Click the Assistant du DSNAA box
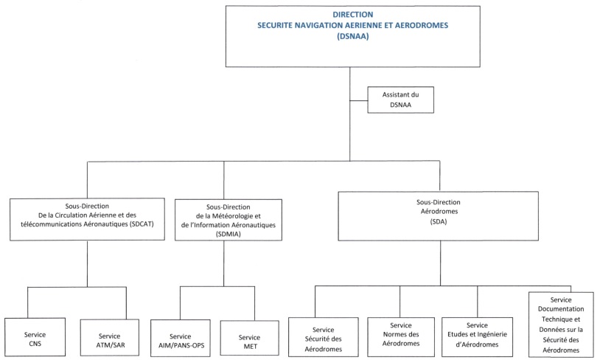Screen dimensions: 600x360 pos(401,100)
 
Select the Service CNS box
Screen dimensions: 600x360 pos(35,337)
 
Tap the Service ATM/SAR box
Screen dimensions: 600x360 pos(109,338)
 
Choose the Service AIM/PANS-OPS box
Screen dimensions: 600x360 pos(181,339)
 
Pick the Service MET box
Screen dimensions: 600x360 pos(249,339)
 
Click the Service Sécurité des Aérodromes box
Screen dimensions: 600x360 pos(324,337)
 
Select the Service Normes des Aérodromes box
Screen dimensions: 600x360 pos(401,337)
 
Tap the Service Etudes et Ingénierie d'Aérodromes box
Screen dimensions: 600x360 pos(477,337)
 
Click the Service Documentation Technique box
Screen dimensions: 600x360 pos(561,325)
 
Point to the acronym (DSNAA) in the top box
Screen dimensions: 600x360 pos(353,36)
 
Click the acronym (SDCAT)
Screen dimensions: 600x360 pos(142,224)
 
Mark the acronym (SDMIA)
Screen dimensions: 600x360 pos(229,234)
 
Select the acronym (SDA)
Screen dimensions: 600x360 pos(439,221)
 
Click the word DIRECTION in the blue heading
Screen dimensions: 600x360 pos(353,15)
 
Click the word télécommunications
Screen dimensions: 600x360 pos(52,224)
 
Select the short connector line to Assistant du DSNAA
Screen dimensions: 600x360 pos(358,101)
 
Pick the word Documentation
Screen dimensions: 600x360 pos(561,308)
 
